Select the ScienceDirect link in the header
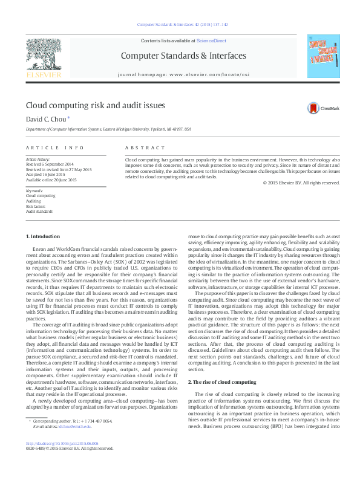pos(211,40)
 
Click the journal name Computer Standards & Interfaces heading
pos(184,56)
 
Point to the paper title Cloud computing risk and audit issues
pos(95,105)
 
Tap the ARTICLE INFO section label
pos(54,148)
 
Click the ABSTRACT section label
pos(145,148)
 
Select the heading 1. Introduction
pos(43,236)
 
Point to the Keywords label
pos(35,191)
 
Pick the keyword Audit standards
pos(39,212)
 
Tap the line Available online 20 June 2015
pos(51,180)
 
